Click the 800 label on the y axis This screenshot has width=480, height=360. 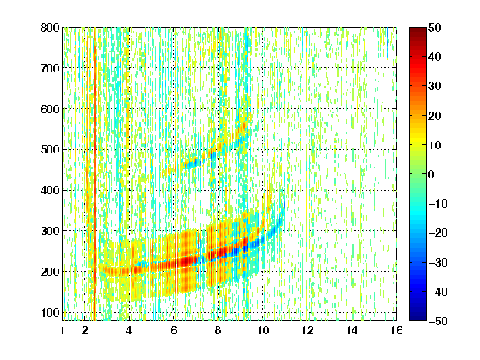[x=50, y=27]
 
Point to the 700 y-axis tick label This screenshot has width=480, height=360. [x=50, y=68]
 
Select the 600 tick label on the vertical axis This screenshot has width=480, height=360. [x=50, y=109]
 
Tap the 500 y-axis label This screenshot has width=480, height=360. [x=50, y=150]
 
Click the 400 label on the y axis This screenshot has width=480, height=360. [x=50, y=190]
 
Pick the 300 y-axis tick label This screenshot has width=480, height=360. [x=50, y=231]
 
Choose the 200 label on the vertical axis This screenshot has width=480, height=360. [x=50, y=272]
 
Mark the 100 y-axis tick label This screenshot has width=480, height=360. [x=50, y=312]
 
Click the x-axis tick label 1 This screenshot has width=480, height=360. [x=62, y=330]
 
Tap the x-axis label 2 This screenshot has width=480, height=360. [x=85, y=330]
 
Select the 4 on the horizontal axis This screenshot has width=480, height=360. [x=129, y=330]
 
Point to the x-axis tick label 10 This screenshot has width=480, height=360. [x=262, y=330]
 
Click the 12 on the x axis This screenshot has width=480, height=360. [x=307, y=330]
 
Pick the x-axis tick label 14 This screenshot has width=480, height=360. [x=352, y=330]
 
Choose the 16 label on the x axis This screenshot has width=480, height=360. [x=397, y=330]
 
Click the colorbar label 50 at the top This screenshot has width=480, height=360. [x=435, y=27]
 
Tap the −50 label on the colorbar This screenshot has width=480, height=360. [x=438, y=321]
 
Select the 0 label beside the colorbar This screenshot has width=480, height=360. [x=432, y=174]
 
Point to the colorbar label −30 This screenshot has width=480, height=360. [x=438, y=262]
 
